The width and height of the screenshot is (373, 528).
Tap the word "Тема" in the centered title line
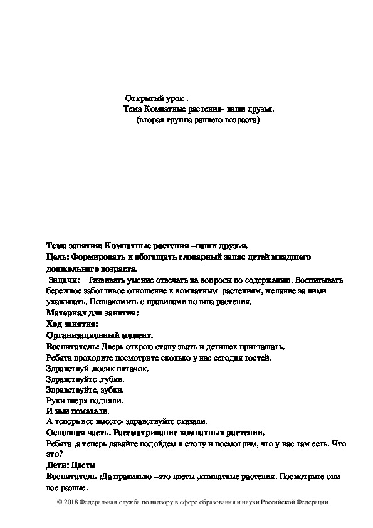(134, 109)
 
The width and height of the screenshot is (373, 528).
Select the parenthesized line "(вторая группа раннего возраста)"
(197, 119)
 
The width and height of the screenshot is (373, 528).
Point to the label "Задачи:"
(65, 279)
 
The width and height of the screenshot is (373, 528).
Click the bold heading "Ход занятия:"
(72, 324)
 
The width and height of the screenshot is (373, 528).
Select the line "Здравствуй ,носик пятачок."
(97, 369)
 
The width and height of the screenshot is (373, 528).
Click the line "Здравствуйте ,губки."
(85, 380)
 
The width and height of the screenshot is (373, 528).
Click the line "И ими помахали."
(78, 412)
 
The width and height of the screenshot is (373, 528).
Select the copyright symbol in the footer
(60, 502)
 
